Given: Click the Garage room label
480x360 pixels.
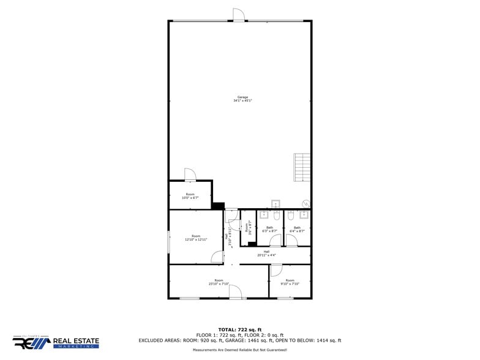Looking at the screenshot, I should pos(242,99).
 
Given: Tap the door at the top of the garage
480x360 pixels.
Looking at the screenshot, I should pos(239,15).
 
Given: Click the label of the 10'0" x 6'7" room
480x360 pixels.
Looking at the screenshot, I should pos(190,196).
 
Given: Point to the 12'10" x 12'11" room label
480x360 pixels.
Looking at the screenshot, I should pos(196,238).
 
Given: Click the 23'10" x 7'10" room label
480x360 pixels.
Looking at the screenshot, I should pos(219,282).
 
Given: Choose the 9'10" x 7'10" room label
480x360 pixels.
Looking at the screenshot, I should pos(290,282).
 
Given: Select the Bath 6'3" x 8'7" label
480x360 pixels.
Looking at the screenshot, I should pos(269,229).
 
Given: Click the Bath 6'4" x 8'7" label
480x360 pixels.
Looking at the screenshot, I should pos(297,229).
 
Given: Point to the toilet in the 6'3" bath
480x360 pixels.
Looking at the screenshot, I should pos(276,215).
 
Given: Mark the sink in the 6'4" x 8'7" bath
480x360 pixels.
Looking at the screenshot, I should pos(304,215).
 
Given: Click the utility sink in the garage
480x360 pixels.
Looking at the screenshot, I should pos(276,203).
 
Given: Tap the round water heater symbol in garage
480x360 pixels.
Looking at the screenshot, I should pos(306,204).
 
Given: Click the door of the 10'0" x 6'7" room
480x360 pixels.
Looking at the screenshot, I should pos(190,175).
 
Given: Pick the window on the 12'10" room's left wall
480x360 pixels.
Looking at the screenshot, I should pos(168,241).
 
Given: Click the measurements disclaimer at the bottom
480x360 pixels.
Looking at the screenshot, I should pos(239,350).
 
